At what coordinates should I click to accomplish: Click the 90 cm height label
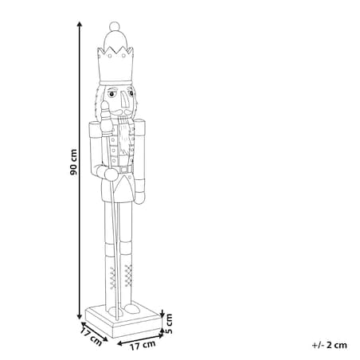pos(73,162)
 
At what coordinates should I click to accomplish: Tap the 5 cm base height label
pos(169,323)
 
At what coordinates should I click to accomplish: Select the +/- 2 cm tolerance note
pos(330,345)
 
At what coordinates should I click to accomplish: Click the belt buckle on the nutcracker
pos(123,170)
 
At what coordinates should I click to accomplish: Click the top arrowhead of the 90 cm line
pos(79,24)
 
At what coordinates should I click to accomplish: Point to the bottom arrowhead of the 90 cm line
pos(79,316)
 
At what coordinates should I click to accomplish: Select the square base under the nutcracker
pos(123,321)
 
